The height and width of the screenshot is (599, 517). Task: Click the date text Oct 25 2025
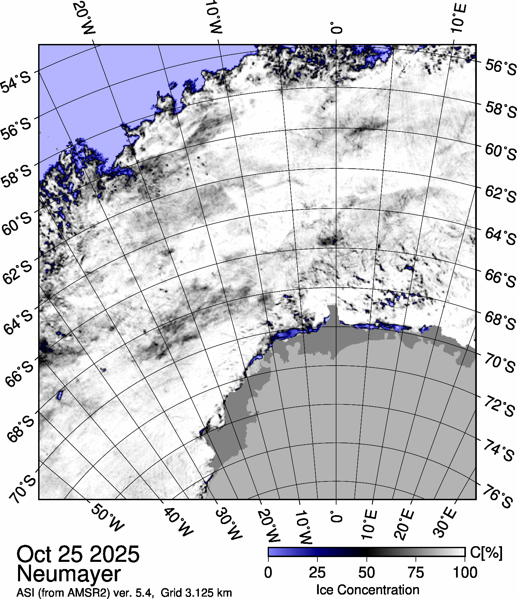pyautogui.click(x=78, y=554)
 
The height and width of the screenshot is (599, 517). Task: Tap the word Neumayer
pyautogui.click(x=68, y=574)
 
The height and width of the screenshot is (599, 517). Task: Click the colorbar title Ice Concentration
pyautogui.click(x=367, y=590)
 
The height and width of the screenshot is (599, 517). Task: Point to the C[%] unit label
pyautogui.click(x=486, y=553)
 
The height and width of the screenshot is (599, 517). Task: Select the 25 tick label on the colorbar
pyautogui.click(x=317, y=573)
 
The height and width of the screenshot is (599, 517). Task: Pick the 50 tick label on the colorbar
pyautogui.click(x=367, y=573)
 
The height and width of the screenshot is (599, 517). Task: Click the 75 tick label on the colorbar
pyautogui.click(x=416, y=573)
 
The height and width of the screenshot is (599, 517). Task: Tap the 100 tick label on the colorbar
pyautogui.click(x=465, y=573)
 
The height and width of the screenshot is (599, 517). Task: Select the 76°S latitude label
pyautogui.click(x=498, y=499)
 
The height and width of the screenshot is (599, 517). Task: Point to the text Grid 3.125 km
pyautogui.click(x=196, y=593)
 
